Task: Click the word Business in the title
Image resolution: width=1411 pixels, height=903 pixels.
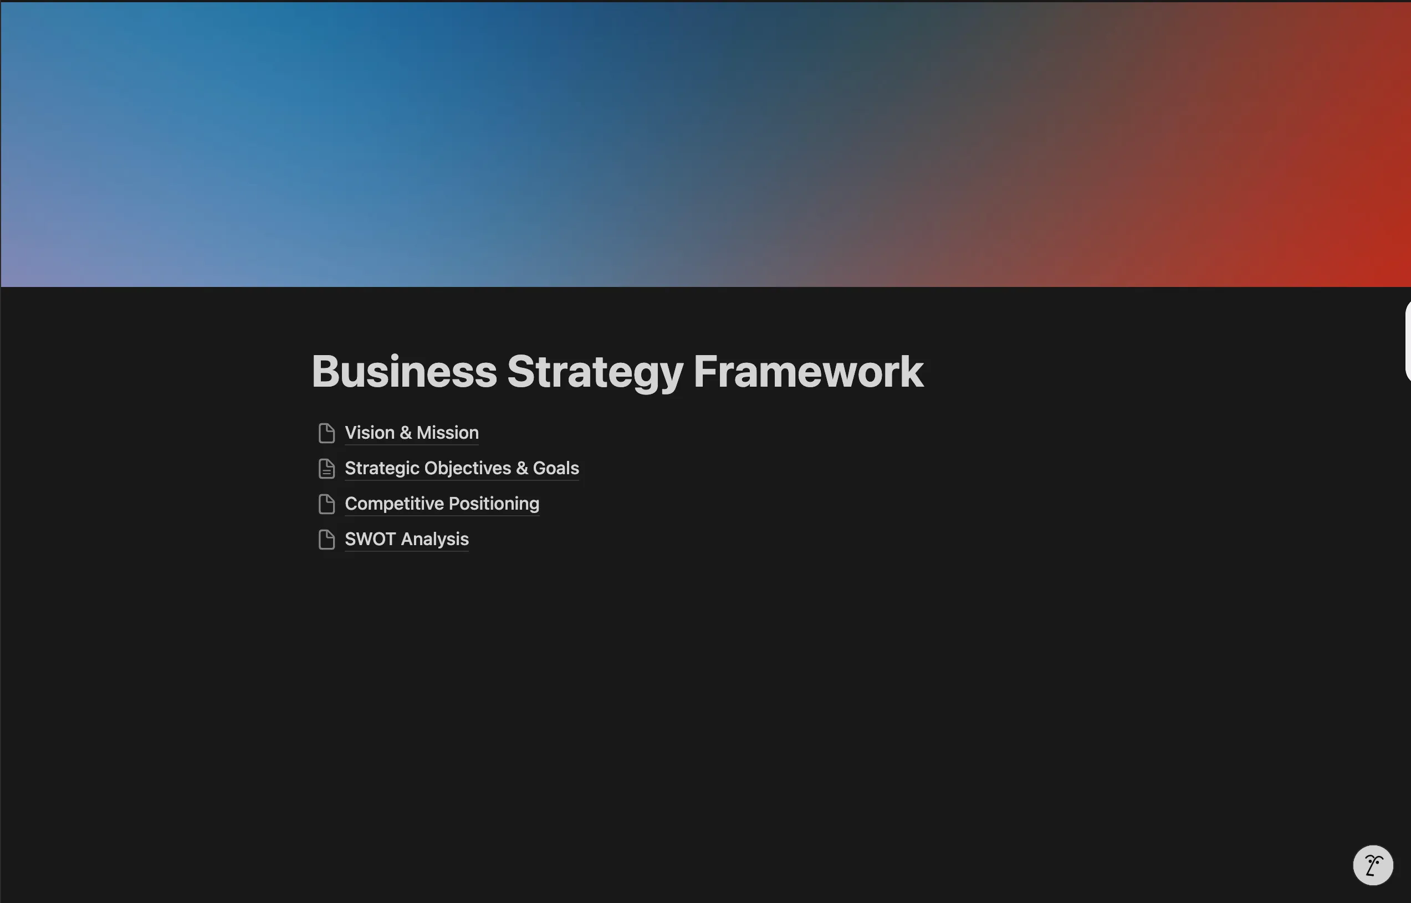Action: [x=405, y=371]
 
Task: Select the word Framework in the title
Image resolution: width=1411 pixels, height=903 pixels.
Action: [x=809, y=371]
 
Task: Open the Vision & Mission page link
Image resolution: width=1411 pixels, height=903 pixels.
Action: [x=412, y=433]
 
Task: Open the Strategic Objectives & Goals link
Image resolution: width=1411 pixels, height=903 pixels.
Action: [x=462, y=468]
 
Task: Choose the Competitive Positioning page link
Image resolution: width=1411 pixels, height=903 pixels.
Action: [x=442, y=504]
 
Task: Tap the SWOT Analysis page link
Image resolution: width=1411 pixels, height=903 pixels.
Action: [x=407, y=539]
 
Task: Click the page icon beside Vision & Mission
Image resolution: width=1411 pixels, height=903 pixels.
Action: [x=326, y=433]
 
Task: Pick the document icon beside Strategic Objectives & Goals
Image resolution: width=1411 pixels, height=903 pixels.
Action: [x=326, y=469]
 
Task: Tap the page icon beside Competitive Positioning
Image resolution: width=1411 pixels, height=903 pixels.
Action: [x=326, y=504]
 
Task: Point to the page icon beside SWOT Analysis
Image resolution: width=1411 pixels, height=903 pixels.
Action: [x=326, y=540]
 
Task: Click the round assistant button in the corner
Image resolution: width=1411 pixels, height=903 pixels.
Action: [x=1373, y=865]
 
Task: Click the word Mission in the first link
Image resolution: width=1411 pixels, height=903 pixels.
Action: [x=447, y=433]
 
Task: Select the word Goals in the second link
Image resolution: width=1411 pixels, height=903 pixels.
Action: [x=556, y=468]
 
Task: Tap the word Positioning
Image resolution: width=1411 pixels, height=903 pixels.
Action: [x=494, y=504]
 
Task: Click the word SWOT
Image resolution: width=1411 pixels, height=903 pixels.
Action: [x=370, y=539]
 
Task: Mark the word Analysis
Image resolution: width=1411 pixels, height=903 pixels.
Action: [x=434, y=540]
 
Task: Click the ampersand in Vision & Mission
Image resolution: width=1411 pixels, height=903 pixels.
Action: [x=405, y=433]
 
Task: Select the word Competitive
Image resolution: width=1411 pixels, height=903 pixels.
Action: [x=394, y=504]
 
